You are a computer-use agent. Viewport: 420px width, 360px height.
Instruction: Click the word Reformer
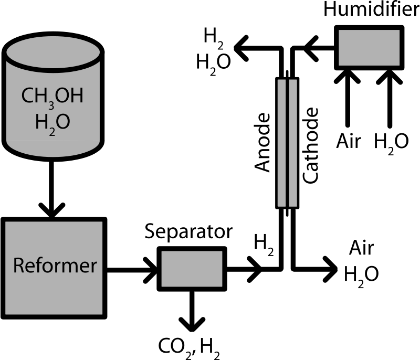click(x=55, y=265)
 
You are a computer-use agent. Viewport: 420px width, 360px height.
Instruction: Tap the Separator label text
click(x=188, y=232)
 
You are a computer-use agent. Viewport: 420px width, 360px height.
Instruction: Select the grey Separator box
click(x=192, y=269)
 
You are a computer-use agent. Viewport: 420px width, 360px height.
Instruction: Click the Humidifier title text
click(x=372, y=9)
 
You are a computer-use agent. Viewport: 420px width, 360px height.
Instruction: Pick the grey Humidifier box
click(x=369, y=48)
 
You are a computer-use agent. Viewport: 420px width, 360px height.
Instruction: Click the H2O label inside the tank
click(x=52, y=124)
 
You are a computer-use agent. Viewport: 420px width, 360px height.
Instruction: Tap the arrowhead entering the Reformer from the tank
click(x=52, y=210)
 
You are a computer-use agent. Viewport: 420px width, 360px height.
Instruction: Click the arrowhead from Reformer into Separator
click(x=151, y=270)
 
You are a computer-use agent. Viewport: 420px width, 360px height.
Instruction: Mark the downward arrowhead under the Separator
click(x=192, y=325)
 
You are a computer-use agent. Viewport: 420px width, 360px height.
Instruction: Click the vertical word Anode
click(x=262, y=142)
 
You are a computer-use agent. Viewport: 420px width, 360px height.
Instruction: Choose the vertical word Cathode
click(x=310, y=145)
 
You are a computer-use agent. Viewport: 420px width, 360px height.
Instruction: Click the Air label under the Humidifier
click(x=349, y=141)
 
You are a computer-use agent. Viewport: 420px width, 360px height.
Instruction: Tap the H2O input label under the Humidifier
click(x=391, y=143)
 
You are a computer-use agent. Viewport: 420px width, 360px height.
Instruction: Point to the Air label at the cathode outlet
click(x=361, y=248)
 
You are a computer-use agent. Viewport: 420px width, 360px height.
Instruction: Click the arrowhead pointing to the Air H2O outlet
click(x=330, y=269)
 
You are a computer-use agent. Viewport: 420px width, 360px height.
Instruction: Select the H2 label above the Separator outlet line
click(x=264, y=245)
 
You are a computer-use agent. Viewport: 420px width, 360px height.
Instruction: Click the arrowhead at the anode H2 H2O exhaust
click(x=241, y=48)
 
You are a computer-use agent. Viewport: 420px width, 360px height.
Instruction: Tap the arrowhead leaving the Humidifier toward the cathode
click(x=311, y=48)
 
